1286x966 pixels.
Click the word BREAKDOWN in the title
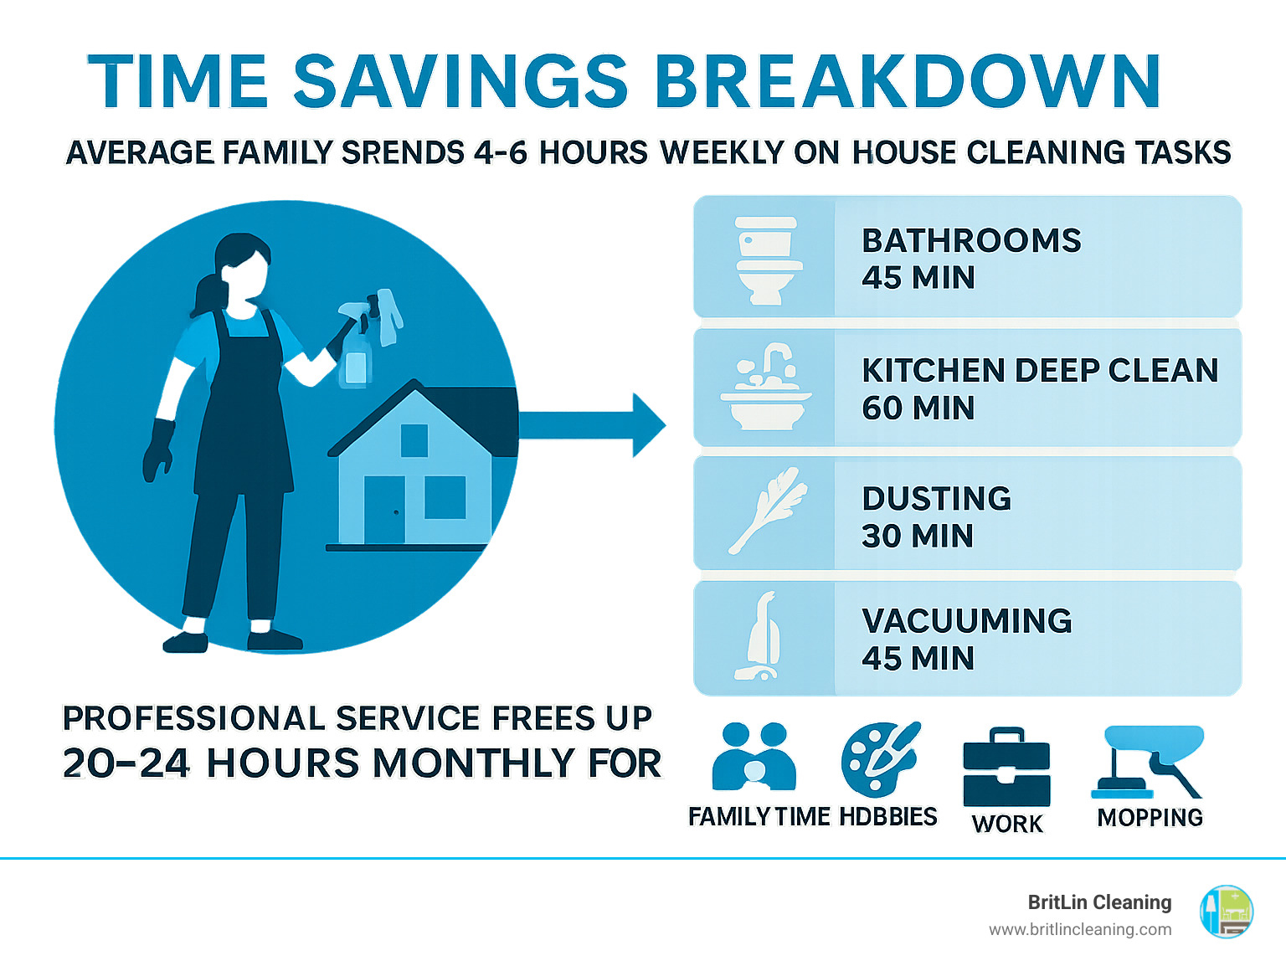(908, 81)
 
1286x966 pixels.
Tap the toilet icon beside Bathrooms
(767, 260)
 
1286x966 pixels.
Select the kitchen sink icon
(766, 387)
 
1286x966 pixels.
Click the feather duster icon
(768, 511)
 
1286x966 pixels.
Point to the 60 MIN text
(918, 408)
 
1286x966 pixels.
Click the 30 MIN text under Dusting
(918, 536)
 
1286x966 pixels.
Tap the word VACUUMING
(967, 621)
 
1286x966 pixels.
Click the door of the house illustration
(385, 510)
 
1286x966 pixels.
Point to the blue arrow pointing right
(592, 424)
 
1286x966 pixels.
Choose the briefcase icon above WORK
(1006, 767)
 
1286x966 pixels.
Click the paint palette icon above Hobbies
(880, 759)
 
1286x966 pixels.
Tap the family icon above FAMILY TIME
(754, 756)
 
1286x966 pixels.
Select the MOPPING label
(1150, 817)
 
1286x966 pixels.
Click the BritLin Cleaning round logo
(1227, 912)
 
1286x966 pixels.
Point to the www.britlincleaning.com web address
(1080, 930)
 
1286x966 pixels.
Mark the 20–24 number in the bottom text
(126, 763)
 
